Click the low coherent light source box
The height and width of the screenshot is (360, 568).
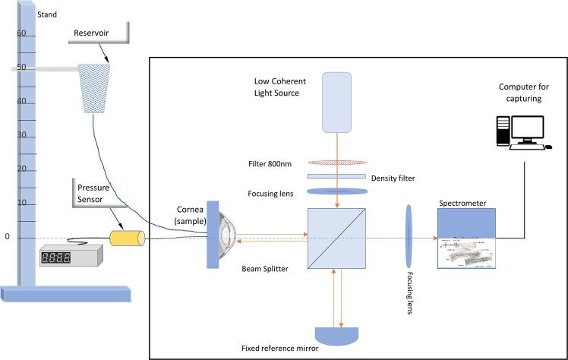tap(336, 101)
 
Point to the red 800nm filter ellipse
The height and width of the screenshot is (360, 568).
tap(336, 163)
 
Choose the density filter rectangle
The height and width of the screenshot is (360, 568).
tap(336, 176)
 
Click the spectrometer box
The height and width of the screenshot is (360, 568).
tap(465, 238)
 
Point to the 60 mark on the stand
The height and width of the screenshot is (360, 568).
tap(21, 33)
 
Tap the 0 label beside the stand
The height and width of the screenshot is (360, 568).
tap(8, 237)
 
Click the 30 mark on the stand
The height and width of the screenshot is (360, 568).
tap(21, 135)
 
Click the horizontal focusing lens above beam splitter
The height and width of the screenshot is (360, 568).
tap(336, 191)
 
